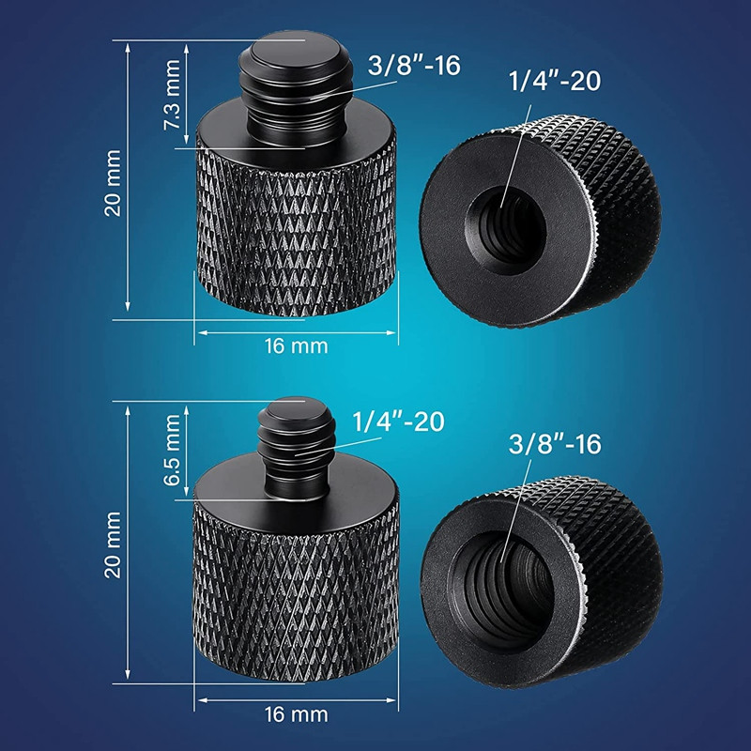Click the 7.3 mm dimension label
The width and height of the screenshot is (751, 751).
[x=173, y=96]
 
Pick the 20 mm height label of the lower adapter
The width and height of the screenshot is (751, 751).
[x=114, y=544]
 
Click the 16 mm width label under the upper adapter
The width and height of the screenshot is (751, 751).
[x=296, y=345]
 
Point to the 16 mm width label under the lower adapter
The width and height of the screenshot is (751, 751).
[x=296, y=715]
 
